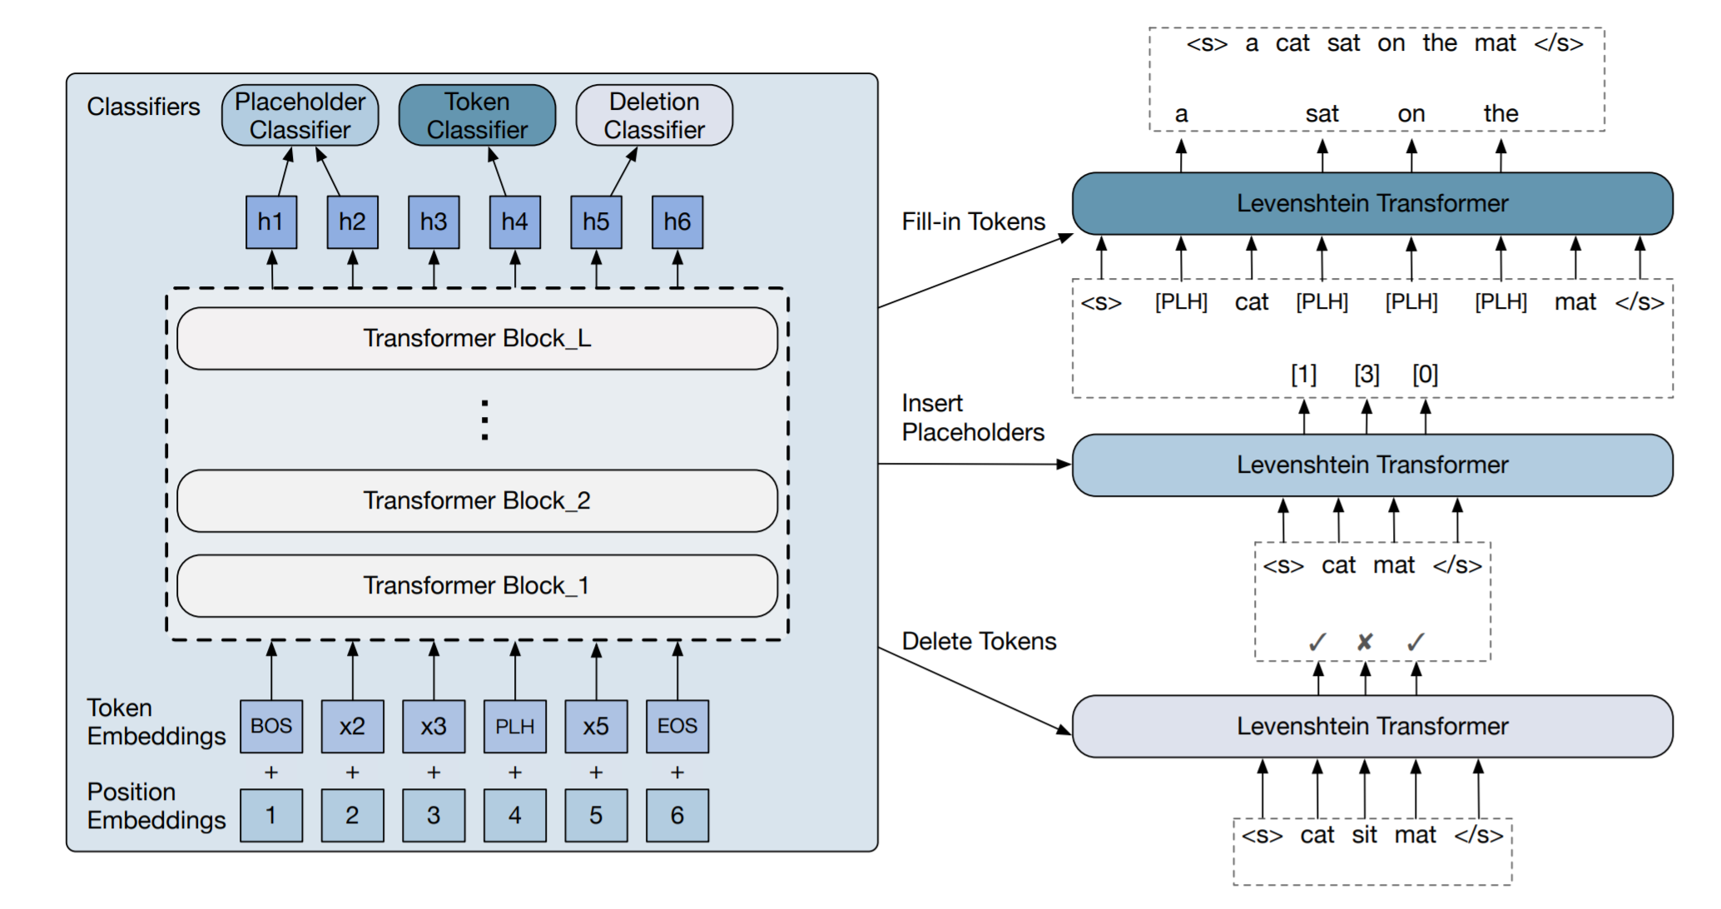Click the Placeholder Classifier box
[x=300, y=116]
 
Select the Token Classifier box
[x=477, y=116]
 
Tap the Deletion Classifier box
[x=654, y=116]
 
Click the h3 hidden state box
[x=434, y=222]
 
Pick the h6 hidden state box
[x=677, y=222]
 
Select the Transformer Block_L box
[x=477, y=339]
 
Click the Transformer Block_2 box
[x=477, y=501]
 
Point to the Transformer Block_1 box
[x=477, y=586]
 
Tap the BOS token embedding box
[x=271, y=727]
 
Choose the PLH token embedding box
[x=515, y=727]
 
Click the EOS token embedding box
[x=677, y=727]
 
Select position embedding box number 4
[x=515, y=816]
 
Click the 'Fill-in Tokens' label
[x=973, y=222]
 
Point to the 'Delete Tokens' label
[x=979, y=642]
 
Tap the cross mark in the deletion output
[x=1365, y=643]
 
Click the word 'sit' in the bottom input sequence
[x=1365, y=835]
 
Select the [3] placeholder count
[x=1366, y=375]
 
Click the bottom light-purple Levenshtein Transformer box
[x=1372, y=727]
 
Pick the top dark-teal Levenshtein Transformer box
[x=1372, y=204]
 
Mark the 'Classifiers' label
[x=143, y=107]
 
